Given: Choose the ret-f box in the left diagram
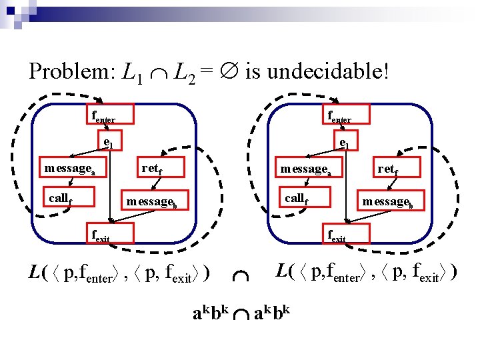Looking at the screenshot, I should (x=152, y=168).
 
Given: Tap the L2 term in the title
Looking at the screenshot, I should (x=185, y=71).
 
